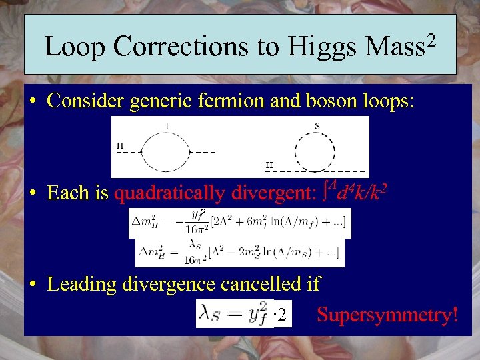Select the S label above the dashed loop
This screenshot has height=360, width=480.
(x=317, y=125)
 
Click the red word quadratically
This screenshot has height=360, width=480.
(x=171, y=193)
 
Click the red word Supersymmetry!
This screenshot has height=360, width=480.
(x=387, y=314)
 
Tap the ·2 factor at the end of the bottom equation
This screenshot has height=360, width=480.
(x=283, y=315)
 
